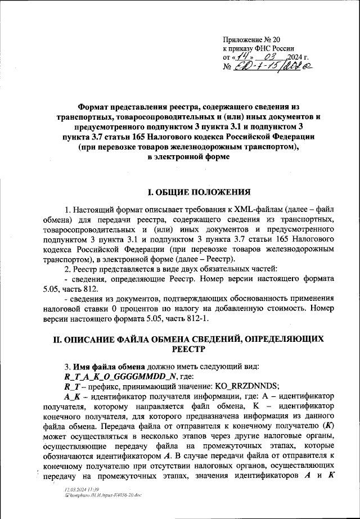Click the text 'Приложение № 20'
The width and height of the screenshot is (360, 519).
(x=251, y=39)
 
